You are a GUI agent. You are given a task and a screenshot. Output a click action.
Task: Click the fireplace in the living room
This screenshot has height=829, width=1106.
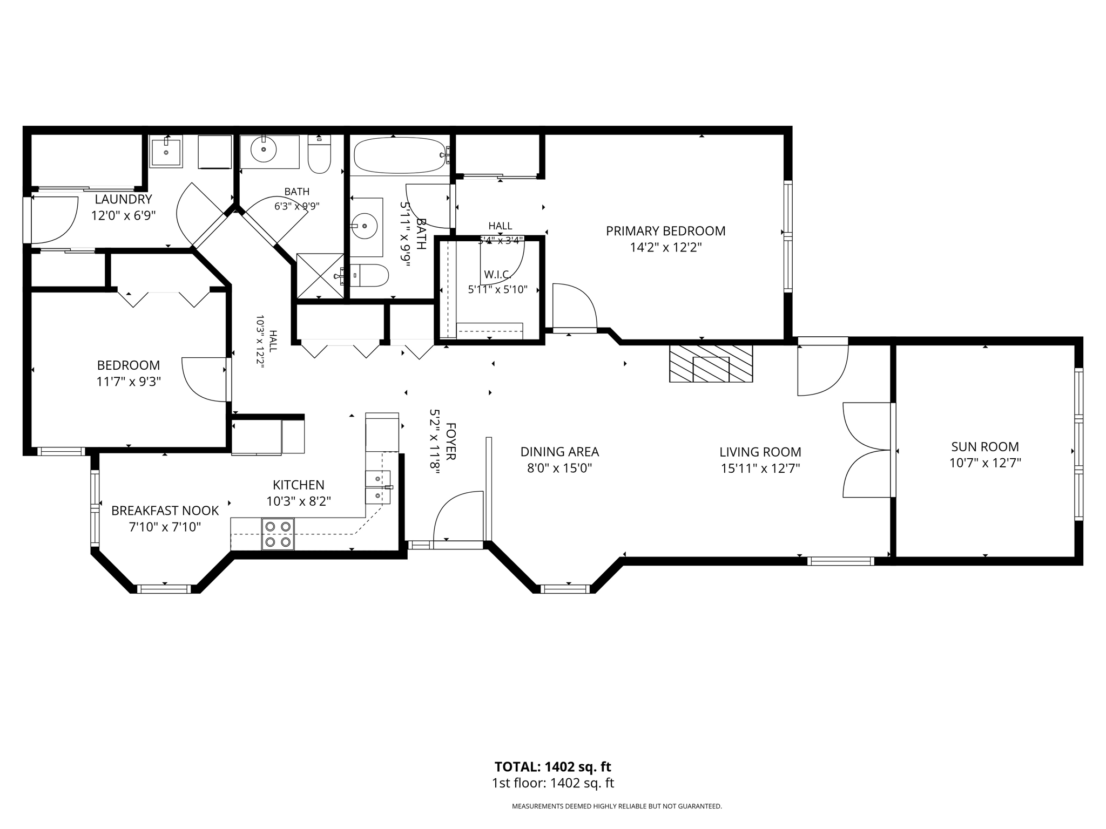point(711,363)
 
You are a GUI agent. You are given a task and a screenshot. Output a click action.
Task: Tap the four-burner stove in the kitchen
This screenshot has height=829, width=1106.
point(278,534)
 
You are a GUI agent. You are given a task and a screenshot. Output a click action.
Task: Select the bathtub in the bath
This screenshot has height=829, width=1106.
point(400,155)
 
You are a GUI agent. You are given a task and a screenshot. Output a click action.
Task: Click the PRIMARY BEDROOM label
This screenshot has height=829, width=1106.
point(665,231)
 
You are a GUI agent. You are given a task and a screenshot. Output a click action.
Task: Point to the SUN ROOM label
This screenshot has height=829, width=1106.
point(985,446)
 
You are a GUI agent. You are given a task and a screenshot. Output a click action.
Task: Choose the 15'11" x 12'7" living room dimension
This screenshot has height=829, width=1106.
point(760,468)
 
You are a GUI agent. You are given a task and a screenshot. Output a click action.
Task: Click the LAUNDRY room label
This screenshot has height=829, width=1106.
point(123,199)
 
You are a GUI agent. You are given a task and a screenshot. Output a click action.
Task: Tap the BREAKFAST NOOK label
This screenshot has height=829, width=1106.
point(165,511)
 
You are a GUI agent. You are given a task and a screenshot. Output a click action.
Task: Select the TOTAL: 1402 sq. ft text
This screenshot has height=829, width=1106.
point(552,766)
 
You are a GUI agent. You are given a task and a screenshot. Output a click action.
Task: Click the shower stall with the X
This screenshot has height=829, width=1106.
point(320,275)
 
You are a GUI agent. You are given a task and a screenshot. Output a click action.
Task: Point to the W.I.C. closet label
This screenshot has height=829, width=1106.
point(497,275)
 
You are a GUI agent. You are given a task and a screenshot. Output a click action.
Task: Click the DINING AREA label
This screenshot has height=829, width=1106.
point(559,452)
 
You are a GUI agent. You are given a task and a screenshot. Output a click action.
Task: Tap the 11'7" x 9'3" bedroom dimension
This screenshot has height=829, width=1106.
point(129,382)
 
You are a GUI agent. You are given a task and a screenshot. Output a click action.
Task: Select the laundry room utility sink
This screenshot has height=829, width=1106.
point(166,151)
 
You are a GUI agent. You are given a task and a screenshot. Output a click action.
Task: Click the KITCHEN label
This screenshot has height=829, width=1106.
point(298,485)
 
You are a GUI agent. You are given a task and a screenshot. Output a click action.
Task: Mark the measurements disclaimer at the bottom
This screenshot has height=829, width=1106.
point(617,806)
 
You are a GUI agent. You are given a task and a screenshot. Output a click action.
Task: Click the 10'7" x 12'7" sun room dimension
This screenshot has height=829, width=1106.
point(985,463)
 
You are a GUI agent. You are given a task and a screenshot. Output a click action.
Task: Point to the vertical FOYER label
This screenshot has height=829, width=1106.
point(451,441)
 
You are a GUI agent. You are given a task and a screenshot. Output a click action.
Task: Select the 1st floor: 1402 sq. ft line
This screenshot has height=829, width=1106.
point(552,783)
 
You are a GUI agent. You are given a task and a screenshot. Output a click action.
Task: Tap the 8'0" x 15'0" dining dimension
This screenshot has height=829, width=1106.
point(559,468)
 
